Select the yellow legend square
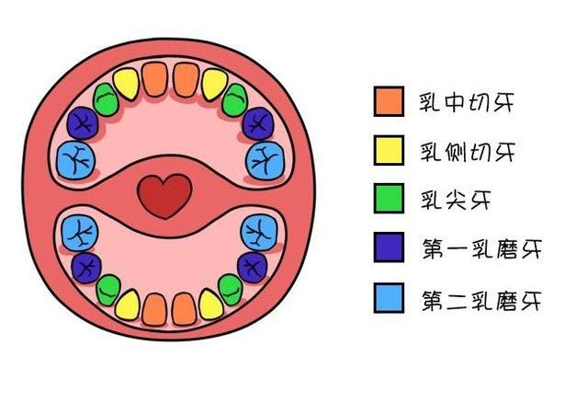[x=390, y=150]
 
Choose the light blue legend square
[x=390, y=298]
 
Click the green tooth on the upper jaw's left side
[x=106, y=98]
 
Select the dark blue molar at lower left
[x=86, y=267]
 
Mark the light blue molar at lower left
[x=76, y=232]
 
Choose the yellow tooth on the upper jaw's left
[x=129, y=84]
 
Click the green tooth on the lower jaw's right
[x=233, y=289]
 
